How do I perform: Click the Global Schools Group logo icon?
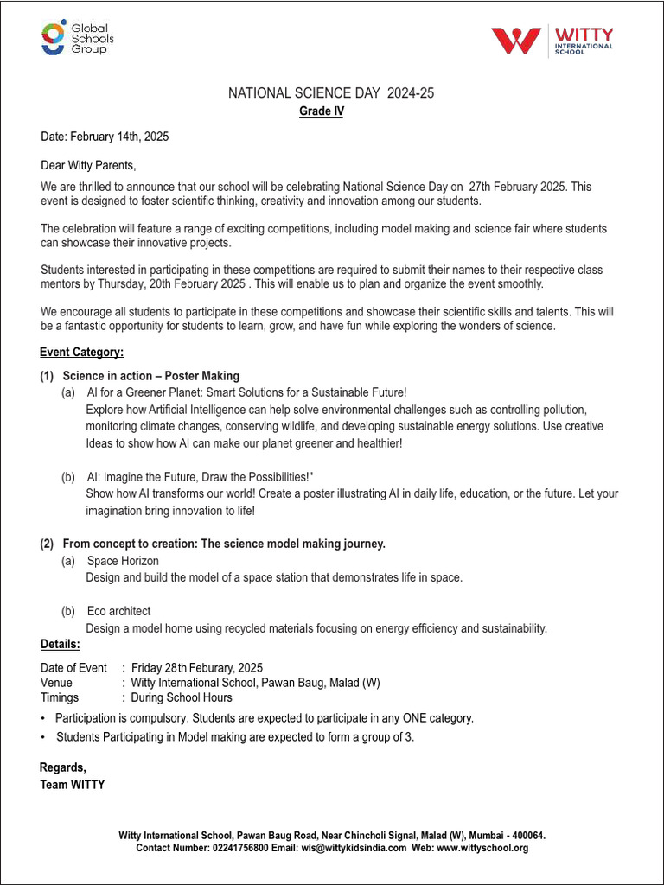coord(54,39)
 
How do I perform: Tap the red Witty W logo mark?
coord(516,41)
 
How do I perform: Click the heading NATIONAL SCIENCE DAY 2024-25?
coord(331,93)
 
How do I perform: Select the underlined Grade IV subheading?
coord(322,111)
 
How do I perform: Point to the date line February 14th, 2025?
coord(105,137)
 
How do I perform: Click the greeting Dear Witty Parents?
coord(88,165)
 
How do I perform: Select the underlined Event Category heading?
coord(81,352)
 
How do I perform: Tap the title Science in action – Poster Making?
coord(150,376)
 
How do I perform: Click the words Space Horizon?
coord(123,561)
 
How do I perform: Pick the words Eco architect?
coord(118,611)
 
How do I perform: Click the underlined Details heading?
coord(61,645)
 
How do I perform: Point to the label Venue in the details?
coord(56,683)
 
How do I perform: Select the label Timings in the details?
coord(60,697)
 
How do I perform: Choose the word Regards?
coord(63,767)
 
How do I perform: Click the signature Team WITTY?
coord(73,785)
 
